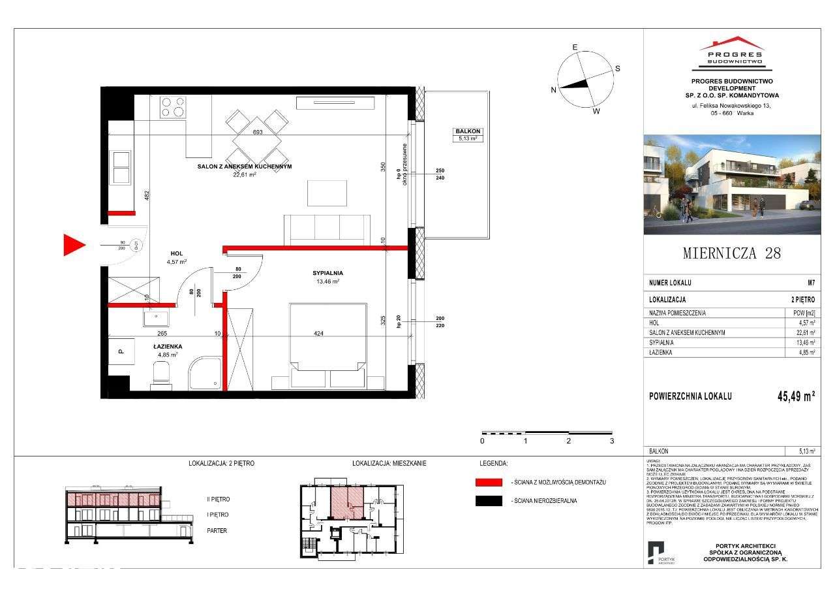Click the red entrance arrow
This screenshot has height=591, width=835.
[74, 246]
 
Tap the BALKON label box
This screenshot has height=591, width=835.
[468, 135]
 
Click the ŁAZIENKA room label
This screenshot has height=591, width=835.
[168, 347]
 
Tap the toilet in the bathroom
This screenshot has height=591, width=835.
[160, 374]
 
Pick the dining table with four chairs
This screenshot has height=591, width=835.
[257, 134]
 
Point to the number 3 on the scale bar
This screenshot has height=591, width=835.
[612, 441]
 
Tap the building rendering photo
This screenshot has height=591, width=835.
[732, 184]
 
